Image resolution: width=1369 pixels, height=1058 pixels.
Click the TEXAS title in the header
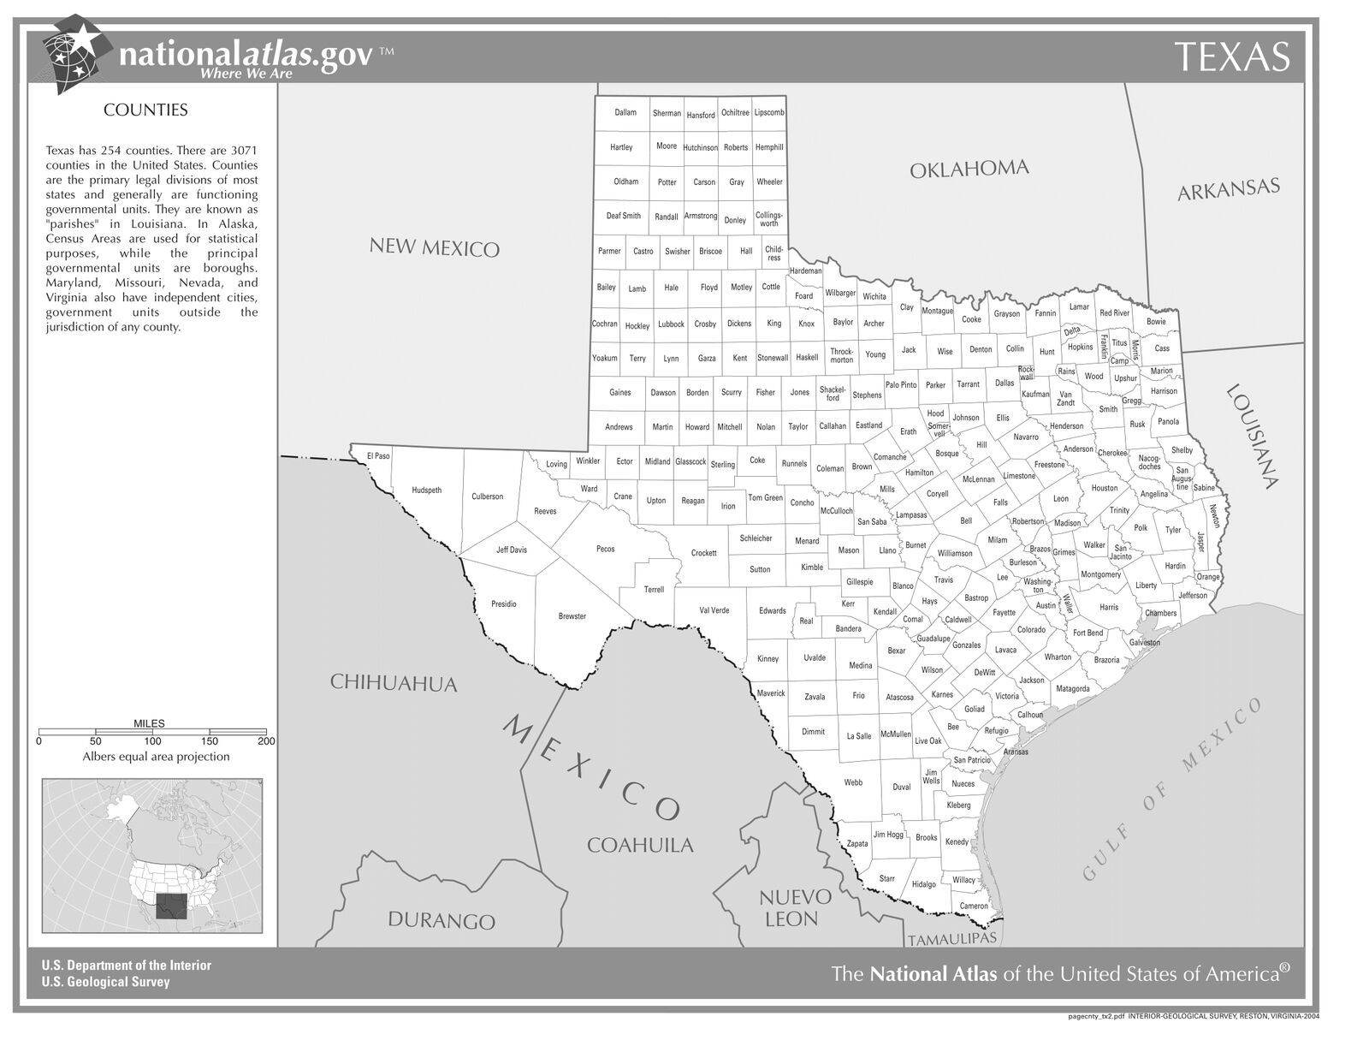point(1231,56)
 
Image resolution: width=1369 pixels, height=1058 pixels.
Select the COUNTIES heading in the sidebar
point(145,110)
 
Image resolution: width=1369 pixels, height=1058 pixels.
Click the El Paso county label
point(378,456)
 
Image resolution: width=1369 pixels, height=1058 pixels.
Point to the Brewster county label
point(572,616)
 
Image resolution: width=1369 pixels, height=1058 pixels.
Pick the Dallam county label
point(625,112)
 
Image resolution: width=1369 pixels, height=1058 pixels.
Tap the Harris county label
point(1109,608)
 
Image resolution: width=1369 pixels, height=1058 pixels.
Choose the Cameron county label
point(974,906)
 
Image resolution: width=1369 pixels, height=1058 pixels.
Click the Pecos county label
point(605,549)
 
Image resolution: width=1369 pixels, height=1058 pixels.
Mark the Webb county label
point(853,782)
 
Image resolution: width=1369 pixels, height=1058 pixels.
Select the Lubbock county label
point(671,324)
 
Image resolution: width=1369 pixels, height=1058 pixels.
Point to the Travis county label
point(943,580)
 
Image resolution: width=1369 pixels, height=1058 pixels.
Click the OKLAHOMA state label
point(968,169)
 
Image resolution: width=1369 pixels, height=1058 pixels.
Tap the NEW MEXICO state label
point(434,247)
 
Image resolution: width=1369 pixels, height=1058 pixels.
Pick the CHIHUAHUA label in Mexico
point(394,683)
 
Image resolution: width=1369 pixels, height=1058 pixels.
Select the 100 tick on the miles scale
point(152,741)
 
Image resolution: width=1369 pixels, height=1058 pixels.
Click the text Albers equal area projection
point(156,757)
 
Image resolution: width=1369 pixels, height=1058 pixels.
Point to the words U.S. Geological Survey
point(105,982)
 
